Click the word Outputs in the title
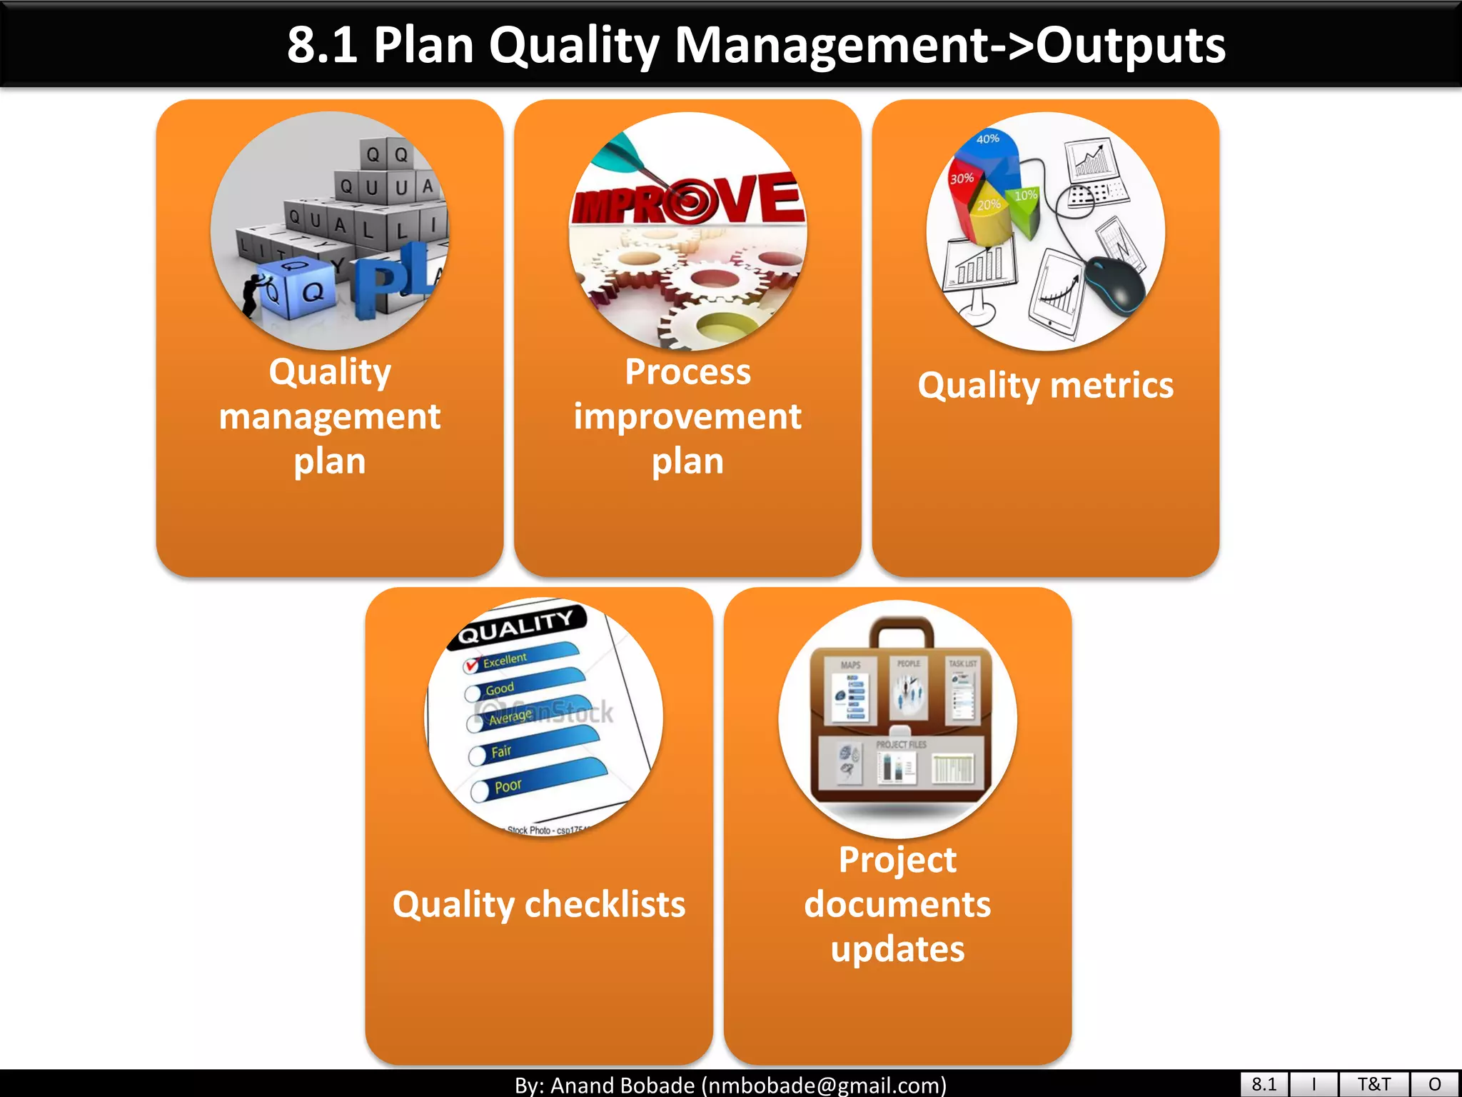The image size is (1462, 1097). click(1130, 46)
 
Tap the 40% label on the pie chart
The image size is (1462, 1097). click(987, 139)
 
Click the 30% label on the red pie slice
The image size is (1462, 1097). click(962, 178)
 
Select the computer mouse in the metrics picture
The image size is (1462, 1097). click(1114, 286)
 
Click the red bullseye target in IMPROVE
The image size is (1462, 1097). click(689, 203)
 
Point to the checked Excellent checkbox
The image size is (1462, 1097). click(471, 666)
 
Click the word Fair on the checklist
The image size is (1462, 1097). click(501, 751)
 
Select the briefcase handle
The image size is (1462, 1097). click(901, 628)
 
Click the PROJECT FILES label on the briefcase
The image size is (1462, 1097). click(901, 744)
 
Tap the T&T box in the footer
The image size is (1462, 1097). click(1373, 1084)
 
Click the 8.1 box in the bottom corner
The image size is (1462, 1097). click(1264, 1084)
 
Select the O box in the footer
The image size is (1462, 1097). click(1434, 1084)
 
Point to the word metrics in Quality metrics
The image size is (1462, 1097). click(1111, 386)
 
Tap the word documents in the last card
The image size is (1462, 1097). click(897, 905)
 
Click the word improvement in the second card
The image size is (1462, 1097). click(687, 416)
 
